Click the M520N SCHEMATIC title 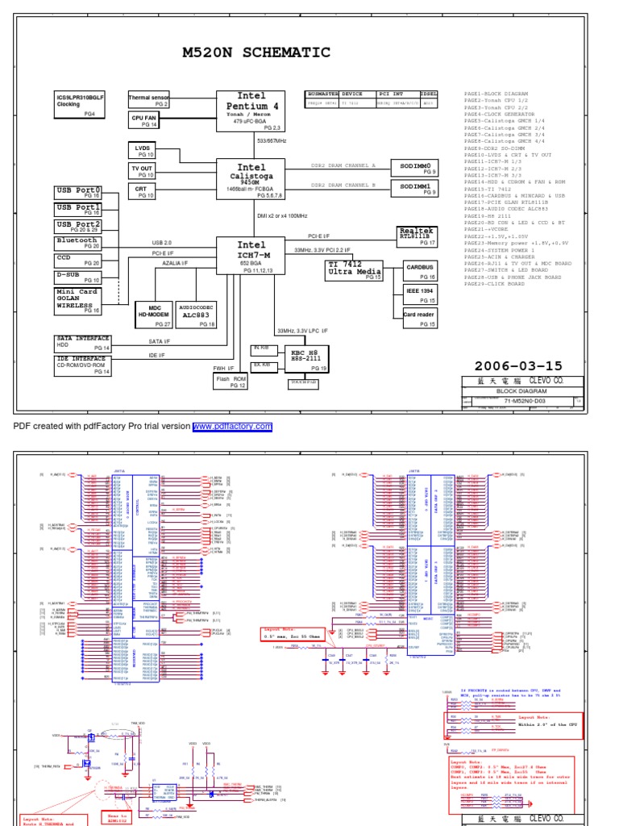(x=255, y=53)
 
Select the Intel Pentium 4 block (x=251, y=111)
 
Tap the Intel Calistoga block (x=251, y=178)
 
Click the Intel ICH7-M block (x=251, y=257)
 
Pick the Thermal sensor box (x=149, y=100)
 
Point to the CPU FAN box (x=149, y=121)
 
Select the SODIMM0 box (x=415, y=167)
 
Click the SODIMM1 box (x=415, y=189)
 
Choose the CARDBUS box (x=420, y=269)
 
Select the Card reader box (x=420, y=317)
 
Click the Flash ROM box (x=229, y=380)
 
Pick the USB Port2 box (x=77, y=227)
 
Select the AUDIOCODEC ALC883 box (x=197, y=314)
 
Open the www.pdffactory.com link (x=232, y=427)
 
